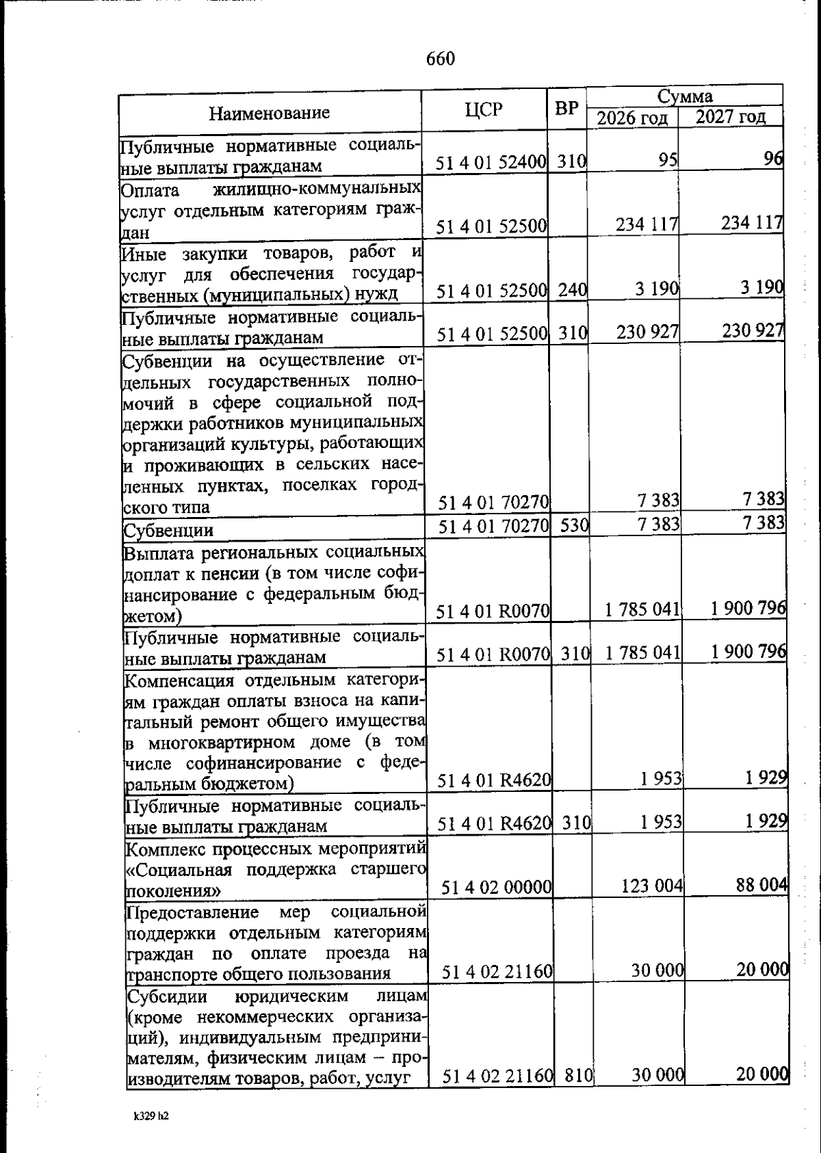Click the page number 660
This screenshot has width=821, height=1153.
[x=440, y=59]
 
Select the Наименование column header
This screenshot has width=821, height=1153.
[x=269, y=112]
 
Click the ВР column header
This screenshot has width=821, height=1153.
[x=566, y=108]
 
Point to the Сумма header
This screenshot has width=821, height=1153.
[x=685, y=95]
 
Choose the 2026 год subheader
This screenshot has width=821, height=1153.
[x=632, y=118]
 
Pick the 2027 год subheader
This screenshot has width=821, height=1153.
[x=731, y=116]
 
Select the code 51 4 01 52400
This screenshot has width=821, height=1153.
[x=491, y=163]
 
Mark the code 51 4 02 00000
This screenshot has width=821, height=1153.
[x=497, y=888]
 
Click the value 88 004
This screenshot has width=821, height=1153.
[x=761, y=884]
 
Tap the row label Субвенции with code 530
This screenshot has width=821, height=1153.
[x=168, y=531]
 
